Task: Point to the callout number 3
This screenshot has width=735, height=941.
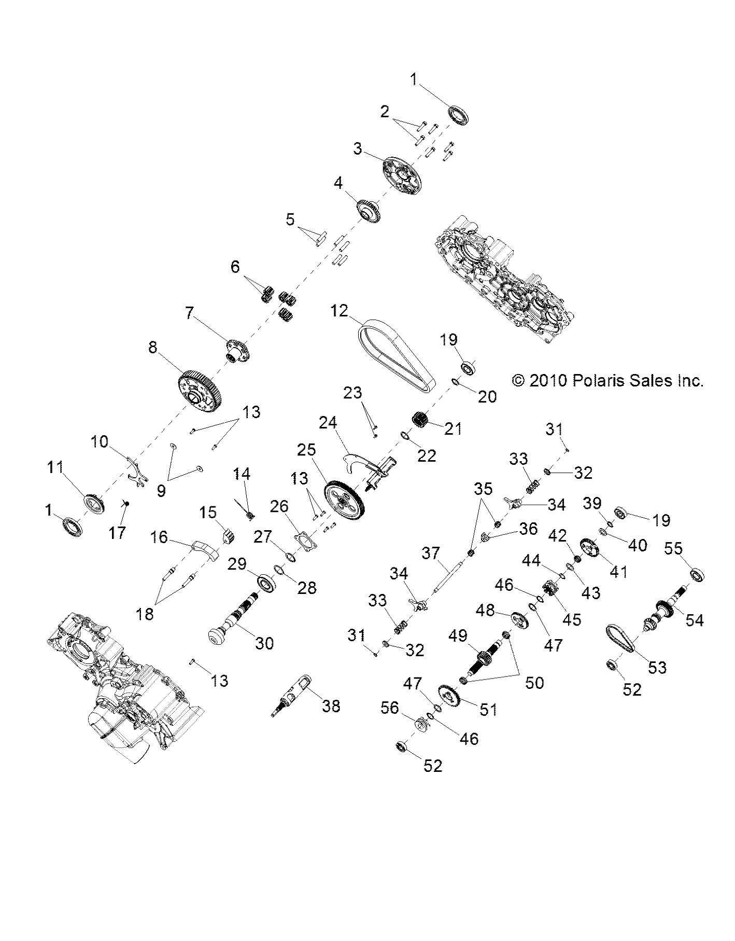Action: point(358,149)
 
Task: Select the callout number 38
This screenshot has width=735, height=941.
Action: point(331,705)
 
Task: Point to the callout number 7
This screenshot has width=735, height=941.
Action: point(190,313)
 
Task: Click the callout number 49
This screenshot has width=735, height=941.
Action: point(459,636)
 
